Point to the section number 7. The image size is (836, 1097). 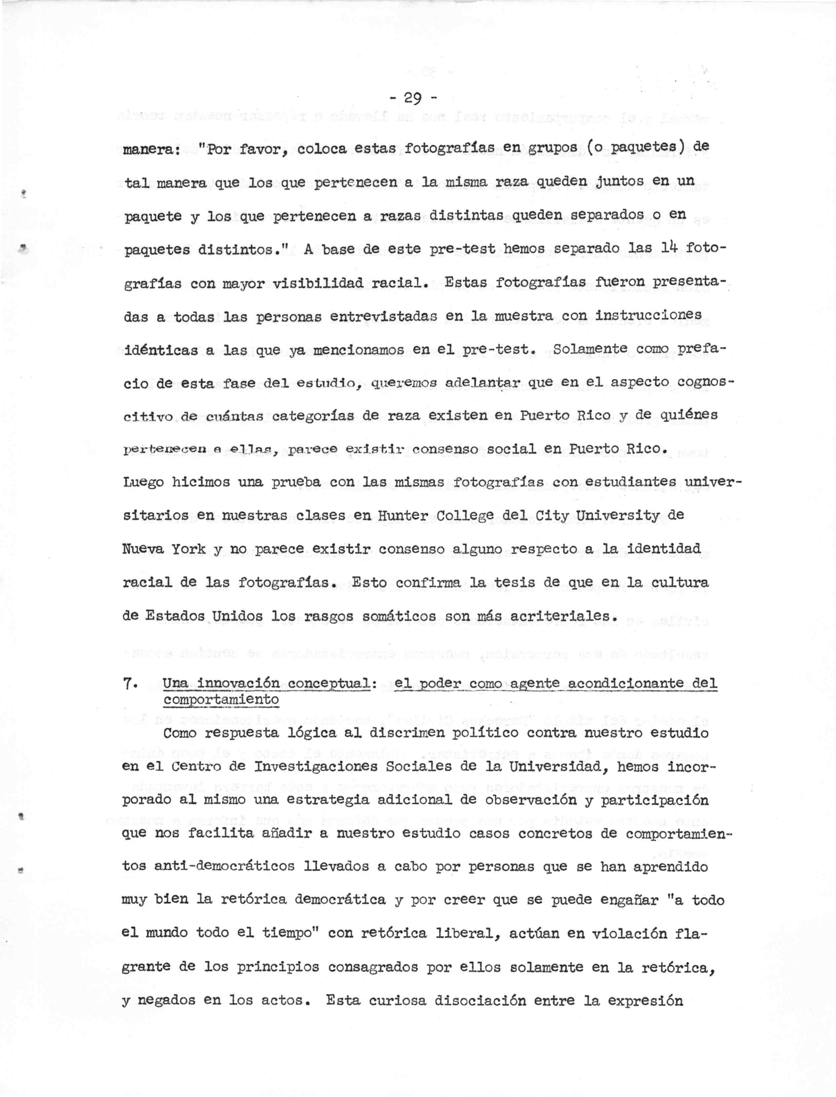[127, 683]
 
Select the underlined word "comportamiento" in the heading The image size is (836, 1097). [221, 699]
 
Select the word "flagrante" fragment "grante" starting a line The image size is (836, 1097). [146, 967]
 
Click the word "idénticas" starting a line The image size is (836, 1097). [159, 350]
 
